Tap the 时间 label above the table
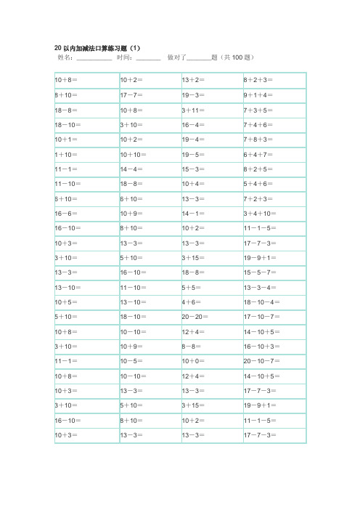(x=124, y=57)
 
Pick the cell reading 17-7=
(x=131, y=94)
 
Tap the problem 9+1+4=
(x=259, y=94)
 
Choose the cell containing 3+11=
(x=194, y=110)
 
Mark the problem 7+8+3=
(x=259, y=139)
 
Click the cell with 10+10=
(x=134, y=155)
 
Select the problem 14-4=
(x=131, y=169)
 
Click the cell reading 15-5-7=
(x=261, y=272)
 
